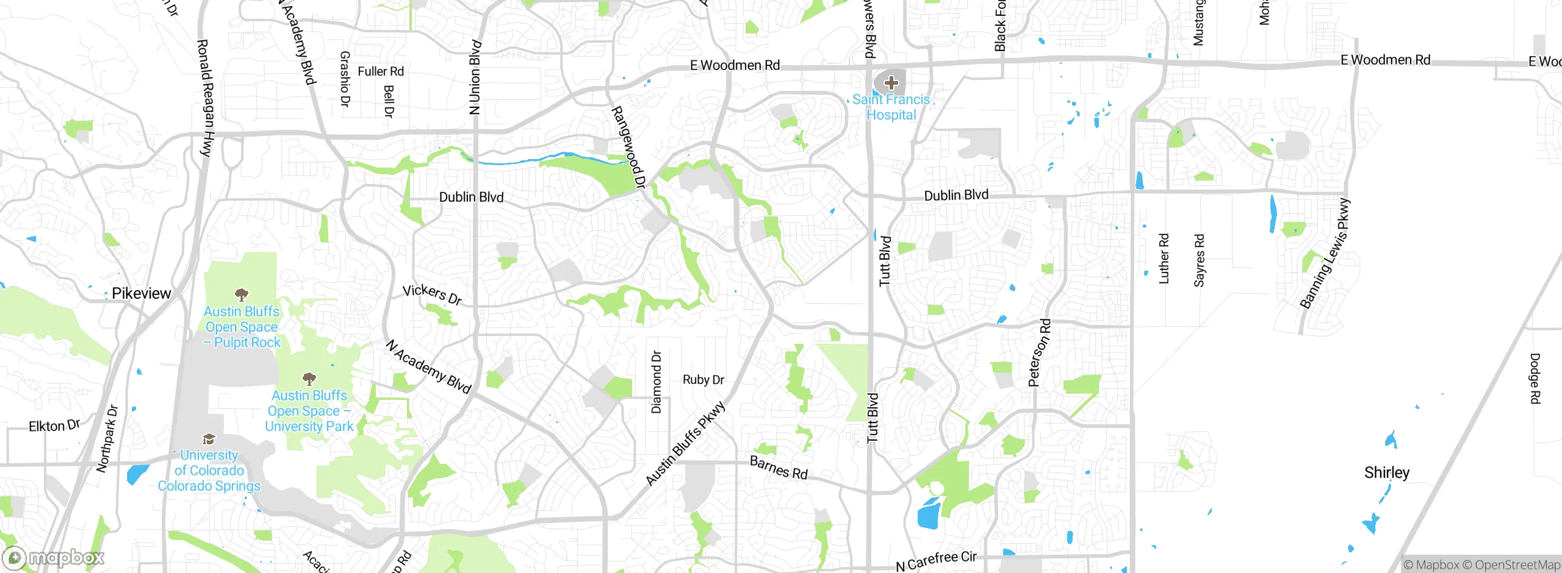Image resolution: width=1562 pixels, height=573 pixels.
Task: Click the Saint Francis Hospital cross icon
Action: click(891, 82)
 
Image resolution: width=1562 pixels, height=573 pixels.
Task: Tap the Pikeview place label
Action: click(141, 293)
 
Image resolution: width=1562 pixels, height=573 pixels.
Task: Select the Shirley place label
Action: click(1387, 472)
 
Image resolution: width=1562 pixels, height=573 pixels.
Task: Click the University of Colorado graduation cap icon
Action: click(209, 439)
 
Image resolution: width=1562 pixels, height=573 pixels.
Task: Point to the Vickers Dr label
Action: click(432, 294)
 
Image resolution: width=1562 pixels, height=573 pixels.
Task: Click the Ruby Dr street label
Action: click(703, 380)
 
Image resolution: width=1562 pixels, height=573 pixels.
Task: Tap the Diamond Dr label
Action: click(657, 382)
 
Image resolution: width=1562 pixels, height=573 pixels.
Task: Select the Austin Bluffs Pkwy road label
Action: click(686, 443)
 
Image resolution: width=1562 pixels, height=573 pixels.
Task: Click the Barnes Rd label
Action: click(779, 468)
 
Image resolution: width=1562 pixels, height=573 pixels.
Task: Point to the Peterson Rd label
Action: click(1039, 352)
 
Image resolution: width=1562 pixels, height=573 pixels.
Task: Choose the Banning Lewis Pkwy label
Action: click(1325, 254)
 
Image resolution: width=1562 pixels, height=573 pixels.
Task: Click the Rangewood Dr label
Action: click(628, 147)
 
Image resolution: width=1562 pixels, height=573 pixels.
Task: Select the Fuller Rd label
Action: click(381, 71)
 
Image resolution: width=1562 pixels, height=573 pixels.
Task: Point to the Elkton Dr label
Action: click(54, 425)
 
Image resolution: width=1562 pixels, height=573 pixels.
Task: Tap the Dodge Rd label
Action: click(1535, 378)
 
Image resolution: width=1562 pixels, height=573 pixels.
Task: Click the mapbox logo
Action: click(54, 557)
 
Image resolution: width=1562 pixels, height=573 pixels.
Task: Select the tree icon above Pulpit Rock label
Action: click(242, 295)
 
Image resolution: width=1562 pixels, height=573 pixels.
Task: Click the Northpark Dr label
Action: click(107, 438)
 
